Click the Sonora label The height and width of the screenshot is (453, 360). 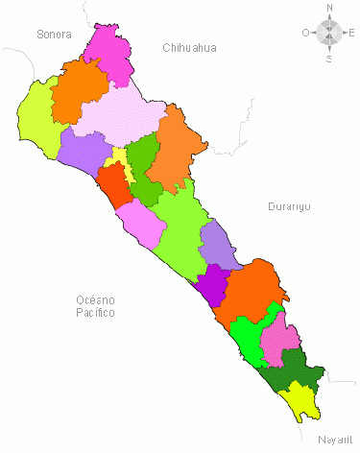point(55,35)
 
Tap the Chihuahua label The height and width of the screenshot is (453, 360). point(189,47)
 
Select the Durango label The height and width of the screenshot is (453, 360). point(288,206)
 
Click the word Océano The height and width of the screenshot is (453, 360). point(96,300)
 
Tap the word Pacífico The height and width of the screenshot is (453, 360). point(96,313)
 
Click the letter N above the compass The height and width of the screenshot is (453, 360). point(329,8)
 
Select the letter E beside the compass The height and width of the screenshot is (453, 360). point(352,33)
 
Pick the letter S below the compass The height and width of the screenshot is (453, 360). point(329,59)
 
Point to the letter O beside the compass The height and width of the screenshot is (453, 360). point(305,33)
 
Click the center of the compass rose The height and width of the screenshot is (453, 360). point(329,33)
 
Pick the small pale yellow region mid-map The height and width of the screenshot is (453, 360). point(118,158)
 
